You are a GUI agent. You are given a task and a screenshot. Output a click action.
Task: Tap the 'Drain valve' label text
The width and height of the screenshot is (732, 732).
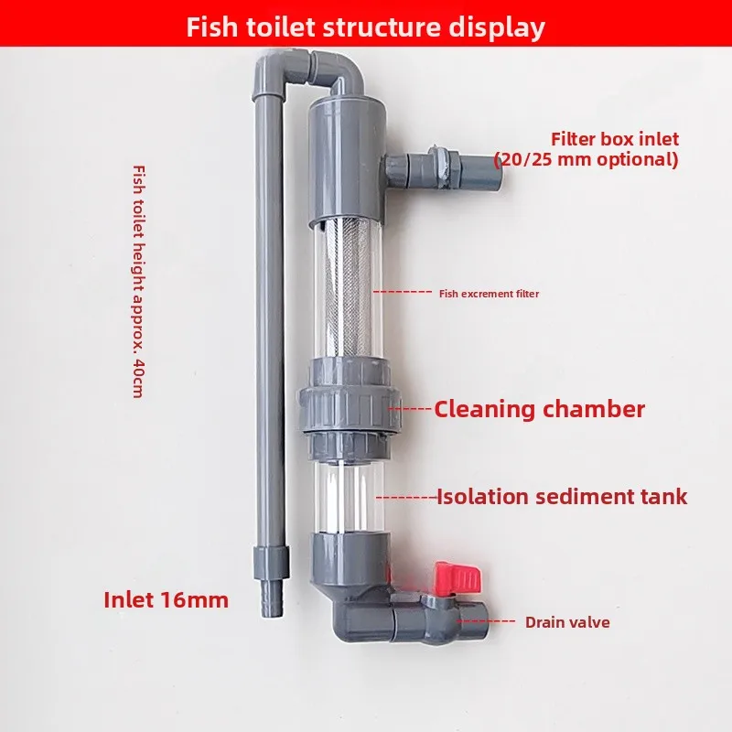pyautogui.click(x=566, y=622)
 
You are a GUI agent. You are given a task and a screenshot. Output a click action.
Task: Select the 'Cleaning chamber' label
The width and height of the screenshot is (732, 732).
pyautogui.click(x=539, y=409)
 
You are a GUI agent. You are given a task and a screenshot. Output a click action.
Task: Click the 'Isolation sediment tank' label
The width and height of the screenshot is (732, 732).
pyautogui.click(x=561, y=497)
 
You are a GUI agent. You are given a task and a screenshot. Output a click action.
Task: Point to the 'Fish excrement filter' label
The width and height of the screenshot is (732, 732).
pyautogui.click(x=489, y=294)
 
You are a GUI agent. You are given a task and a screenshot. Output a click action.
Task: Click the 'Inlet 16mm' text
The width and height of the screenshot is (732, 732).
pyautogui.click(x=166, y=600)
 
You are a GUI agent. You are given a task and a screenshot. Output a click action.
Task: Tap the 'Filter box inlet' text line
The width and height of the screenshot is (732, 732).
pyautogui.click(x=614, y=140)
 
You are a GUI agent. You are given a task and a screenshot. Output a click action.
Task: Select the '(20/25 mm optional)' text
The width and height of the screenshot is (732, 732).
pyautogui.click(x=587, y=159)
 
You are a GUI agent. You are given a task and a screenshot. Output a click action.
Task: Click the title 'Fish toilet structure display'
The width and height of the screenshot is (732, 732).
pyautogui.click(x=365, y=27)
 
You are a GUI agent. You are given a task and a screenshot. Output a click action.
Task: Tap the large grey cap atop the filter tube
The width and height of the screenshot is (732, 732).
pyautogui.click(x=342, y=165)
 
